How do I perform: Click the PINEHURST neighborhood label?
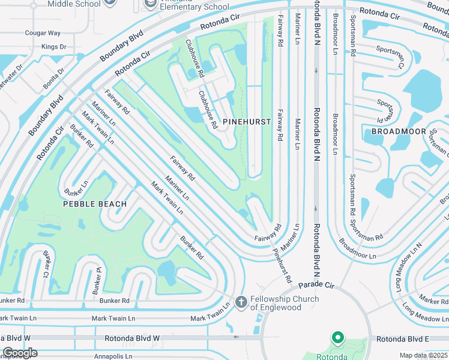click(x=247, y=122)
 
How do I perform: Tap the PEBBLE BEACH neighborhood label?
click(x=95, y=204)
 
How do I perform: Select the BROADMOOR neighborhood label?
click(x=399, y=131)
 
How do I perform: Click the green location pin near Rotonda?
click(x=337, y=339)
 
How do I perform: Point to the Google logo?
click(x=19, y=353)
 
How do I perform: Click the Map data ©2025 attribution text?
click(x=423, y=355)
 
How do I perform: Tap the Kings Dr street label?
click(x=53, y=46)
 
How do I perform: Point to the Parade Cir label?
click(x=316, y=284)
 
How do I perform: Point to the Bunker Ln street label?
click(x=76, y=188)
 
